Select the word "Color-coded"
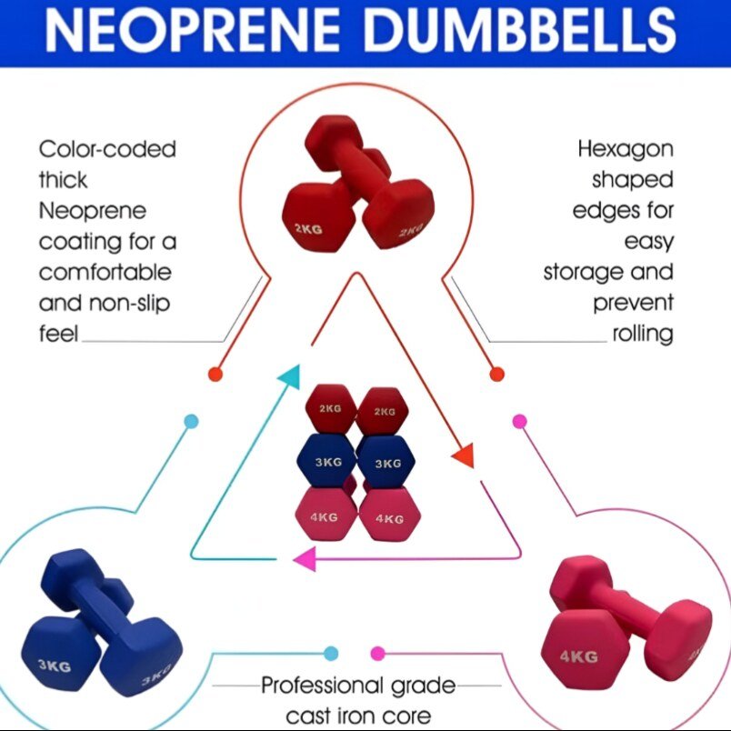107,149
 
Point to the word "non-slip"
132,303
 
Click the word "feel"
58,334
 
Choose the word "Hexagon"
626,149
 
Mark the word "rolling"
642,334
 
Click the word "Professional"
325,685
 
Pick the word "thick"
65,180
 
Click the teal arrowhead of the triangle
288,375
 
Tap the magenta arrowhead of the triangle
303,558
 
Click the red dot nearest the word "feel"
215,374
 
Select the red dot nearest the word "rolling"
496,374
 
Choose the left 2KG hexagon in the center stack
331,409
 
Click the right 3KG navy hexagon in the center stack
386,463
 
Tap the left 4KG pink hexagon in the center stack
325,518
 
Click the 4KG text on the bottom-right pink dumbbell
577,656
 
